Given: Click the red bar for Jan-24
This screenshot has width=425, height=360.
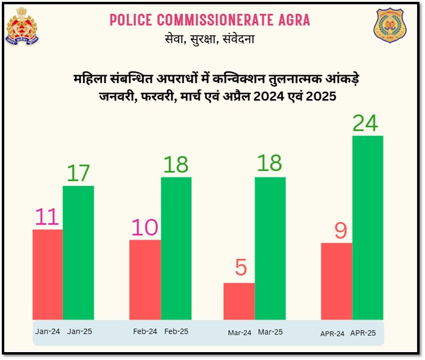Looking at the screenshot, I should [x=47, y=274].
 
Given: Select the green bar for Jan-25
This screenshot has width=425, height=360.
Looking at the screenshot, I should [x=78, y=252].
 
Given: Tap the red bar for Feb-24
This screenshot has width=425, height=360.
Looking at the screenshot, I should [x=145, y=280].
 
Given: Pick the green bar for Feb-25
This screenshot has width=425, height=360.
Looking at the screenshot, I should [x=176, y=248].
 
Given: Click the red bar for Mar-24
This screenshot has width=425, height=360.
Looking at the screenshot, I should [x=239, y=301].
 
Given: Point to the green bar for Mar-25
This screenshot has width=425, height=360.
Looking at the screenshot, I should [x=270, y=248].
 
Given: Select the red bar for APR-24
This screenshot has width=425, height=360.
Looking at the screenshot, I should [x=336, y=281].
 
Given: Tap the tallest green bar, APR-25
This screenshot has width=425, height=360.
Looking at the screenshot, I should [x=367, y=227].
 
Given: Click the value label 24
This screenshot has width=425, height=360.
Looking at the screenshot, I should [x=365, y=123].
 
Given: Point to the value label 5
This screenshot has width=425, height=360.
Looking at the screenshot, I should [x=241, y=267].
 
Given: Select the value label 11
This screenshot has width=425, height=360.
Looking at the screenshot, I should [x=47, y=217].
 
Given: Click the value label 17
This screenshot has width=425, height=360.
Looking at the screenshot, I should [x=78, y=173].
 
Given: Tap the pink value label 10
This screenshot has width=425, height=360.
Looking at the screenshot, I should [x=144, y=227].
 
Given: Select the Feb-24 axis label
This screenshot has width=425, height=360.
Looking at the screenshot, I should [x=145, y=332].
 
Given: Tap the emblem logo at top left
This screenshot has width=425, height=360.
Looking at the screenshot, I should [x=22, y=26].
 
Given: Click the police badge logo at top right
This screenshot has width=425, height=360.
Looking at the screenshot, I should [x=389, y=27].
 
